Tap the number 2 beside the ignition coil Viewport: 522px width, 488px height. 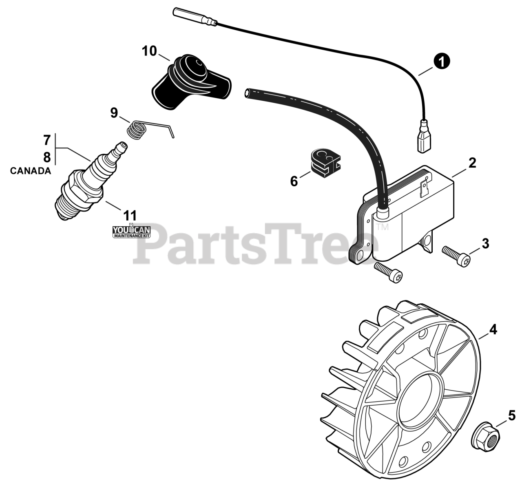pyautogui.click(x=472, y=163)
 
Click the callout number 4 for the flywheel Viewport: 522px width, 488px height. pyautogui.click(x=493, y=329)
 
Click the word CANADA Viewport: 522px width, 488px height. pyautogui.click(x=31, y=171)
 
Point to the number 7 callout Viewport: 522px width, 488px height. pyautogui.click(x=47, y=141)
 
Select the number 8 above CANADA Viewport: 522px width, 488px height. pyautogui.click(x=47, y=157)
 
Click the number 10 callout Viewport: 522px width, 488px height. pyautogui.click(x=149, y=51)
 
